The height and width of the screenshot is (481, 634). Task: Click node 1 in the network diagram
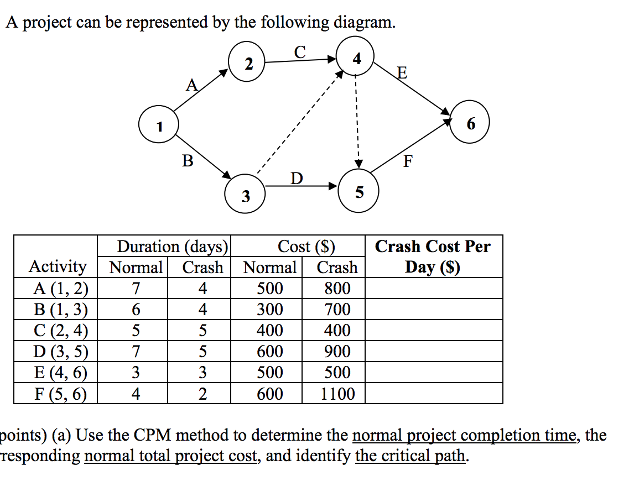159,127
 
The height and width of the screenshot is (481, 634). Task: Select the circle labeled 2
248,65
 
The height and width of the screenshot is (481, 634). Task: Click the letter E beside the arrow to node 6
402,74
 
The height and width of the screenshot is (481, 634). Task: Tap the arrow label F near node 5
408,162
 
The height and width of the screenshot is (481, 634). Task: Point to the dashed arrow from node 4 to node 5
357,122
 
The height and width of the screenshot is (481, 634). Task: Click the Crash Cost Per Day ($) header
433,257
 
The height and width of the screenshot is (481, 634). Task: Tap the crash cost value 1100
337,394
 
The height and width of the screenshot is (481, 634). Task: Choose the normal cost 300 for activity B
270,310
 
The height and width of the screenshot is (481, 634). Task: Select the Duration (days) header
173,247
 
